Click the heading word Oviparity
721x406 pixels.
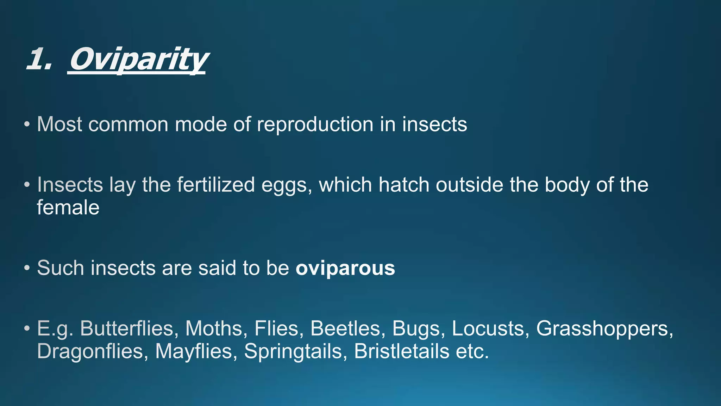pos(137,59)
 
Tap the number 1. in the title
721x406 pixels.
pos(39,59)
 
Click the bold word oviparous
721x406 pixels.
pos(345,269)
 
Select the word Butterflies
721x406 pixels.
pos(127,329)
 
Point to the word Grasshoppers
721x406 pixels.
pos(604,329)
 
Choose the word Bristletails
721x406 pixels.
pos(401,351)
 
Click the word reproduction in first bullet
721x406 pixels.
pos(315,125)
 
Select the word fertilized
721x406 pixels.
pos(215,185)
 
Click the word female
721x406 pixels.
pos(68,208)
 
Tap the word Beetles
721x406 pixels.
pos(345,329)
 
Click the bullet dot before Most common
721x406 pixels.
pos(27,125)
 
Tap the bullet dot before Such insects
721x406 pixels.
pos(27,269)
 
